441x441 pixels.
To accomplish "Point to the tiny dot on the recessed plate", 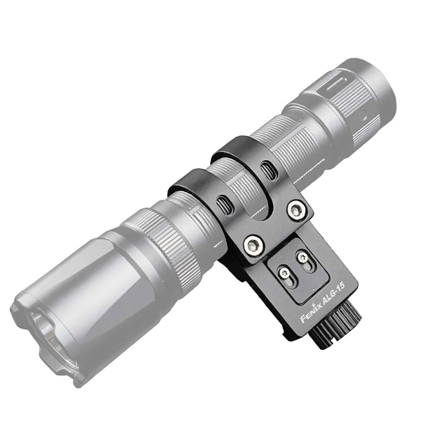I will pos(313,290).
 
